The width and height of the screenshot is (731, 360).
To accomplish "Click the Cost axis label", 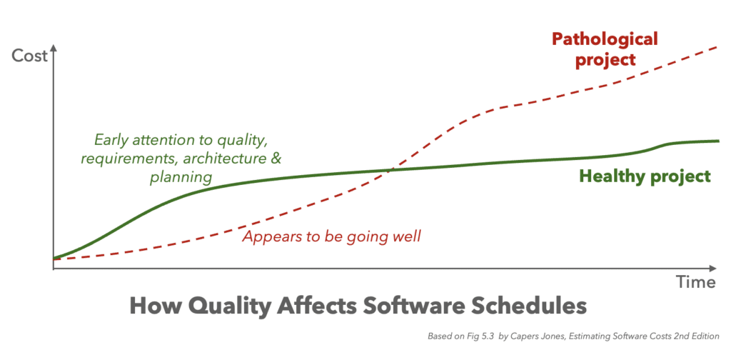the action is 29,56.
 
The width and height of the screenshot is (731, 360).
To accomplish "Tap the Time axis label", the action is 695,282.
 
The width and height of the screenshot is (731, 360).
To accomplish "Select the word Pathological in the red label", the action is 605,39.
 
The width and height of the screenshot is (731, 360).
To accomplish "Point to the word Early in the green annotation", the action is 109,140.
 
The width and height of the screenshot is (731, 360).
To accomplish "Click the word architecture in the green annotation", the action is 225,159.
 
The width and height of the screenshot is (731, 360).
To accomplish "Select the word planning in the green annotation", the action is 181,178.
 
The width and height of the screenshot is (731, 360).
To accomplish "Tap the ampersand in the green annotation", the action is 276,159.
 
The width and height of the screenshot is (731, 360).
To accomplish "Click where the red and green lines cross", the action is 392,170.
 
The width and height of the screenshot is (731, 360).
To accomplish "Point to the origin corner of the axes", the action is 54,269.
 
